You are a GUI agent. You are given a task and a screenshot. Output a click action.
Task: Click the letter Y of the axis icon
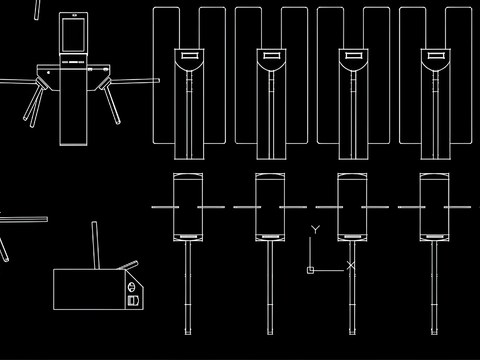point(315,230)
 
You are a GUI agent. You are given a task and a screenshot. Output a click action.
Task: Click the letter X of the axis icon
point(351,266)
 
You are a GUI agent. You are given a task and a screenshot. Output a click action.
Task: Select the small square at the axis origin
point(310,270)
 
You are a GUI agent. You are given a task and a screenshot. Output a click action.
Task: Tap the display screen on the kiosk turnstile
point(74,35)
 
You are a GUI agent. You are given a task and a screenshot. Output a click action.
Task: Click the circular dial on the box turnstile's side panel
point(132,287)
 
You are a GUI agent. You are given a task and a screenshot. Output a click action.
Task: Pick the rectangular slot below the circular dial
point(133,301)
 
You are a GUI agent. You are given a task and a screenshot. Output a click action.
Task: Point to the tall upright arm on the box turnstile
point(96,245)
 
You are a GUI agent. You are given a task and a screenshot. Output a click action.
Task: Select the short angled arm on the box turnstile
point(128,265)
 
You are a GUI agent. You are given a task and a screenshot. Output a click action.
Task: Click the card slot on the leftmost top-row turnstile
point(189,55)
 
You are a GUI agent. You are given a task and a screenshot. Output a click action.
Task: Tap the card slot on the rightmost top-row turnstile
point(435,55)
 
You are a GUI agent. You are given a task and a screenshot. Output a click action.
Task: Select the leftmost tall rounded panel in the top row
point(166,76)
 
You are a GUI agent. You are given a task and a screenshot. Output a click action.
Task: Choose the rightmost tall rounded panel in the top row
point(459,76)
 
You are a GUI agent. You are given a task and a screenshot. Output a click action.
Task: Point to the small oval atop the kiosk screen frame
point(74,15)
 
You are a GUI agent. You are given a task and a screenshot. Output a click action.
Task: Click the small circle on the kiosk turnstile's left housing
point(49,72)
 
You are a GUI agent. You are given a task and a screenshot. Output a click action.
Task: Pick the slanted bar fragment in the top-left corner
point(37,10)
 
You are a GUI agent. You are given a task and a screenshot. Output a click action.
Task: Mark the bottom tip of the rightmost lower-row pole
point(434,334)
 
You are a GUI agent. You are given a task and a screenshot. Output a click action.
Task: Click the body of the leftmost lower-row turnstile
point(188,207)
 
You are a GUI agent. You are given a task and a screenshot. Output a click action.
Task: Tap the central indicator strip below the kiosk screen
point(74,62)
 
